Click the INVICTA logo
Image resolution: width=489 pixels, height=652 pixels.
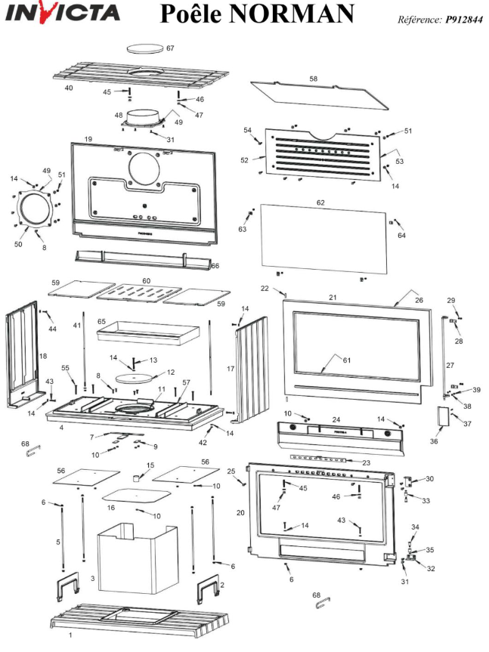[x=63, y=14]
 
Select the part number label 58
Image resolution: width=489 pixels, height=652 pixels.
[x=314, y=79]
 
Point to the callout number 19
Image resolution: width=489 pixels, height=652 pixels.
[x=88, y=140]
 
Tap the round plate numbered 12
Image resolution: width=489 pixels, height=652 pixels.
[x=133, y=374]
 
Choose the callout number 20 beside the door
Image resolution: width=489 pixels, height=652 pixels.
[x=240, y=512]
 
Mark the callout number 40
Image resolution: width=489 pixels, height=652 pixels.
[x=68, y=88]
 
